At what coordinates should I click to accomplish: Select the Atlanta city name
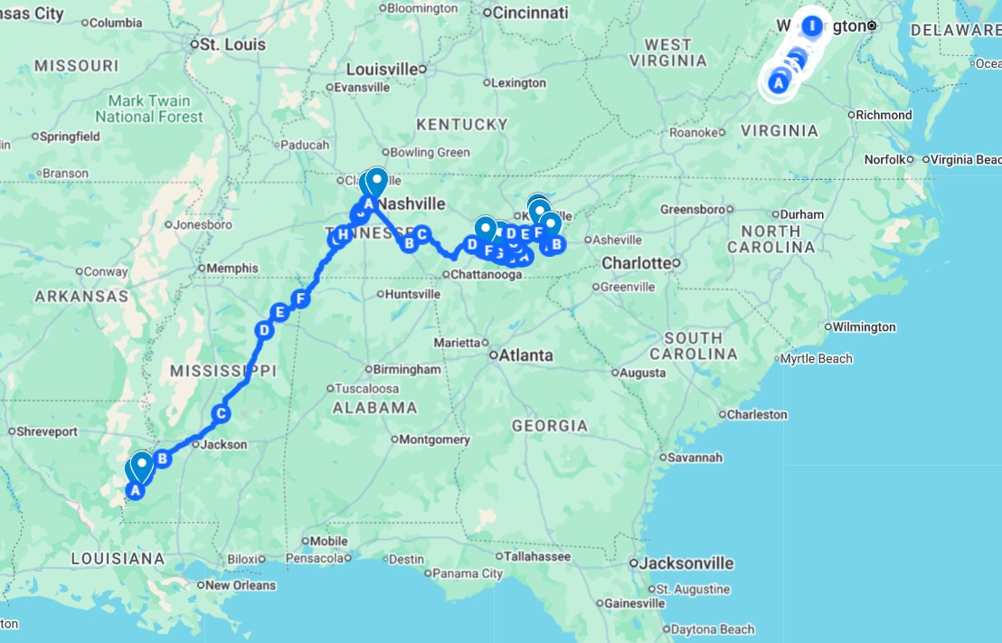[525, 355]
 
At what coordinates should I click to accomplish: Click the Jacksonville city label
[686, 563]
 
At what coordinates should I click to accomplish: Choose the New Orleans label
[240, 585]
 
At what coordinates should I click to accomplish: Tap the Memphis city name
[232, 268]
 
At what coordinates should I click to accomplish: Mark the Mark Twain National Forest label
[149, 109]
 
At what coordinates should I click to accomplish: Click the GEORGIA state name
[549, 425]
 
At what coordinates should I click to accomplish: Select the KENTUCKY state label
[461, 124]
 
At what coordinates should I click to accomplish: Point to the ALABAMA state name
[374, 408]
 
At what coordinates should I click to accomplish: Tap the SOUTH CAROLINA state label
[694, 345]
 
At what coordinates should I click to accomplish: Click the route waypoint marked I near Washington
[812, 25]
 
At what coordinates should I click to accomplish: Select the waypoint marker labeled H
[342, 235]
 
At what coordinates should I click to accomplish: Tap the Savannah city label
[695, 458]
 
